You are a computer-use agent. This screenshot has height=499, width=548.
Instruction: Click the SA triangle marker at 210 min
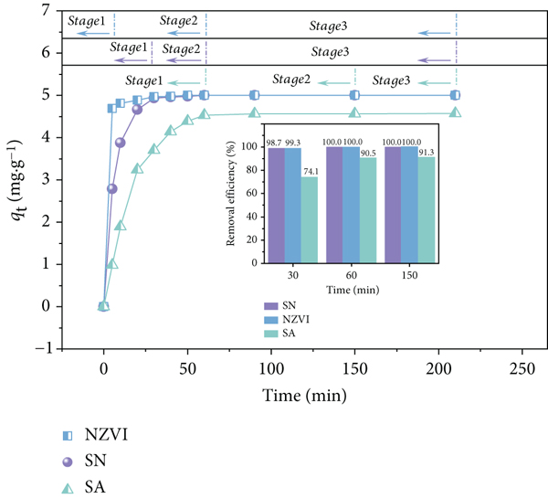[x=455, y=112]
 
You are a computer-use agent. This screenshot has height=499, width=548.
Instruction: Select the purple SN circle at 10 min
[x=121, y=143]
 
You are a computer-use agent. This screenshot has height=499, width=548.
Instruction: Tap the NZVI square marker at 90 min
[x=255, y=95]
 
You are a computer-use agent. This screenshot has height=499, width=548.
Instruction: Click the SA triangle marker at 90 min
[x=255, y=112]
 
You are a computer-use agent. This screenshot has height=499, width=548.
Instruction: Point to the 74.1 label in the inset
[x=310, y=171]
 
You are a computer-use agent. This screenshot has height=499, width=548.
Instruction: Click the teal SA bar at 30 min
[x=310, y=219]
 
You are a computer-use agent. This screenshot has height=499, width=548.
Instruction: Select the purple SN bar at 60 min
[x=334, y=205]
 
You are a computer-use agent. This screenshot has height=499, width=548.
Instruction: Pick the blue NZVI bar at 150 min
[x=409, y=205]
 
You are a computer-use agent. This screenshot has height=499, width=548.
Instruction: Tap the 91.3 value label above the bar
[x=427, y=152]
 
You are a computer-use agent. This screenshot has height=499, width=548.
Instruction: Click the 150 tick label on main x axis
[x=354, y=369]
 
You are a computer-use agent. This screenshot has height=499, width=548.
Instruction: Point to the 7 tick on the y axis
[x=47, y=11]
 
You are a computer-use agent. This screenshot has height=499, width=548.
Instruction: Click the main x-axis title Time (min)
[x=304, y=396]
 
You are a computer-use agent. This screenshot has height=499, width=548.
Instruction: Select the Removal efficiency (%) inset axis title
[x=230, y=194]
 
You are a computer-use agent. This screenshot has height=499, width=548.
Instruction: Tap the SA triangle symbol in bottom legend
[x=68, y=488]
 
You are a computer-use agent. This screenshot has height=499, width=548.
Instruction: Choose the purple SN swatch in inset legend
[x=271, y=306]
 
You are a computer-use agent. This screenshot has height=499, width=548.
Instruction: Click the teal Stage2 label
[x=291, y=80]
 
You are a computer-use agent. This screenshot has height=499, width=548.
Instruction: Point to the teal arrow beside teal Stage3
[x=435, y=83]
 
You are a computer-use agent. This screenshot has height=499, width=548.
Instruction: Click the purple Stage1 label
[x=129, y=48]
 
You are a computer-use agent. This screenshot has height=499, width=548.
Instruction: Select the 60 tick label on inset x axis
[x=352, y=276]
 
